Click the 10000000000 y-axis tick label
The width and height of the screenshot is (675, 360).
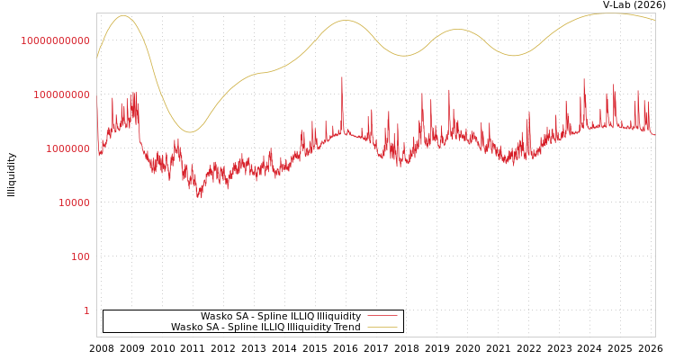[x=55, y=40]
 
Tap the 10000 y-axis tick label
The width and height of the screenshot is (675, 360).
[x=74, y=202]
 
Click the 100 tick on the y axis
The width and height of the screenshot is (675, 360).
[x=80, y=256]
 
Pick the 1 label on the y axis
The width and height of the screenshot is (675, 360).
[x=86, y=310]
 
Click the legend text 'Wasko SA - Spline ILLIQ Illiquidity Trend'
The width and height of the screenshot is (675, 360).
[x=265, y=328]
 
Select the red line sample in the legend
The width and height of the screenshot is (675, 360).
[x=382, y=317]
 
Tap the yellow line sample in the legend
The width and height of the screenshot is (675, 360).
[x=382, y=328]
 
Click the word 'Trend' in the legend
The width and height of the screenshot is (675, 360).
[x=346, y=328]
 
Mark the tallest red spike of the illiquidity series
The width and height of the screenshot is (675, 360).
[x=342, y=77]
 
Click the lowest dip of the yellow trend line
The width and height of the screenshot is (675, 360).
[x=189, y=132]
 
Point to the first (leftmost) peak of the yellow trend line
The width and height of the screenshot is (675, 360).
[x=123, y=15]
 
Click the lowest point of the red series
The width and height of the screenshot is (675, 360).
[x=200, y=197]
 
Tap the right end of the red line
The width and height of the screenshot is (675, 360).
[x=654, y=135]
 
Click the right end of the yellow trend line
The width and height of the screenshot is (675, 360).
[x=654, y=21]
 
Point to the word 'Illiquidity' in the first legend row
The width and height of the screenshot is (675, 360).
[x=338, y=317]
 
